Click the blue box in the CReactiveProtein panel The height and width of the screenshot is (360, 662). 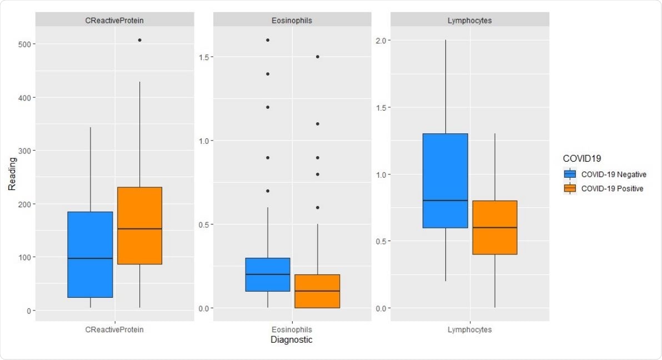pyautogui.click(x=90, y=254)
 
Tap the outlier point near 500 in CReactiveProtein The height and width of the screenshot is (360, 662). pyautogui.click(x=139, y=40)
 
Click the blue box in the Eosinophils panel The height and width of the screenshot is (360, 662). pyautogui.click(x=268, y=274)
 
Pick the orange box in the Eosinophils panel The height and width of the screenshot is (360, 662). pyautogui.click(x=317, y=291)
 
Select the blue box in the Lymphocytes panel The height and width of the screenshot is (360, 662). pyautogui.click(x=445, y=181)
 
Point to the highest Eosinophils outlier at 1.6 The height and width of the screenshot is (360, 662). pyautogui.click(x=268, y=40)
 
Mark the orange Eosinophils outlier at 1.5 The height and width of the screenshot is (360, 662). pyautogui.click(x=317, y=57)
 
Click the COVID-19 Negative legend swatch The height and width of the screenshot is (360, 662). pyautogui.click(x=570, y=174)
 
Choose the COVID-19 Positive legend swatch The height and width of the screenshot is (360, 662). pyautogui.click(x=570, y=188)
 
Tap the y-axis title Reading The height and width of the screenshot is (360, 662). pyautogui.click(x=12, y=173)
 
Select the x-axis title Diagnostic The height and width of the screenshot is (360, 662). pyautogui.click(x=292, y=340)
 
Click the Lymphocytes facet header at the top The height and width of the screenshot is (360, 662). pyautogui.click(x=470, y=21)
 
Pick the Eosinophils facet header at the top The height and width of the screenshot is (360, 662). pyautogui.click(x=292, y=21)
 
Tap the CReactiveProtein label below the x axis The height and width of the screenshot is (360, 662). pyautogui.click(x=114, y=329)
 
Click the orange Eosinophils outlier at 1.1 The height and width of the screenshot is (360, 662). pyautogui.click(x=317, y=124)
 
